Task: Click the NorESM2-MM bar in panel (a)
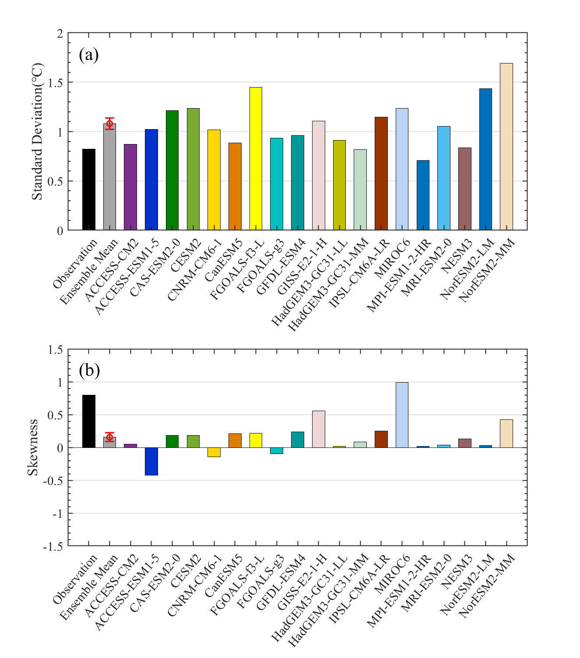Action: [x=506, y=147]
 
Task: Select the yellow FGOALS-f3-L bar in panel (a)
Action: [x=256, y=158]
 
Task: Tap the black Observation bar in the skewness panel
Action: [x=89, y=421]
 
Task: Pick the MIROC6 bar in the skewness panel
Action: [x=402, y=415]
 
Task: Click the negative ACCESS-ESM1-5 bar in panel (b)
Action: [x=151, y=461]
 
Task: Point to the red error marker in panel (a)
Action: [x=110, y=123]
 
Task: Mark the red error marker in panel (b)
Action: [x=110, y=437]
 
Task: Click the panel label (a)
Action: [x=89, y=55]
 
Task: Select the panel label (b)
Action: [x=89, y=370]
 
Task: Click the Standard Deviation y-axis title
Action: [x=38, y=131]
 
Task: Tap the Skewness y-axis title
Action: [x=33, y=447]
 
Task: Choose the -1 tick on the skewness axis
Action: [x=58, y=514]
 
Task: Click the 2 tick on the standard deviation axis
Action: [x=60, y=34]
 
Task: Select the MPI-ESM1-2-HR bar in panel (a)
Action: [x=423, y=195]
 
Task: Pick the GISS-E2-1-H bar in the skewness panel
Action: [x=318, y=429]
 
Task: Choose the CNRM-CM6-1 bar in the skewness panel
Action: [x=214, y=452]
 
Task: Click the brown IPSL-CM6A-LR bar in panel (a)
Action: [x=381, y=173]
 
